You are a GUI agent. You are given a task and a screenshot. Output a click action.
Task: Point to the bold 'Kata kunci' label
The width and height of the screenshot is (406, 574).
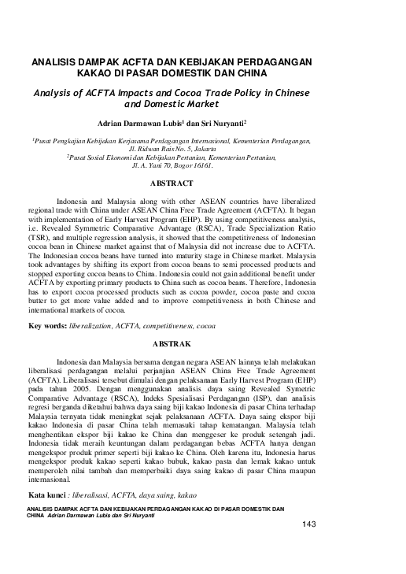[48, 498]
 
